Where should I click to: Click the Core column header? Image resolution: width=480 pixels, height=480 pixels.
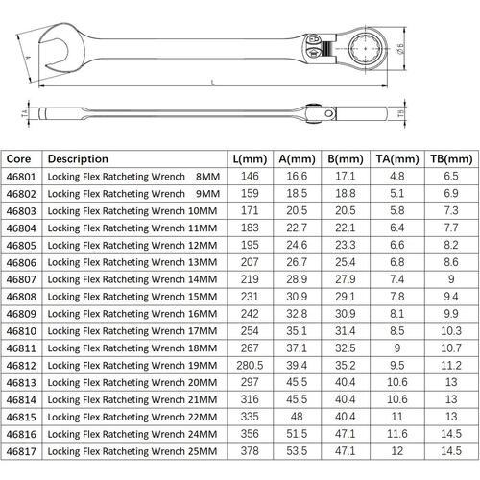[x=18, y=159]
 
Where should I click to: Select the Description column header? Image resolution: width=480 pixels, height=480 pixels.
[x=78, y=159]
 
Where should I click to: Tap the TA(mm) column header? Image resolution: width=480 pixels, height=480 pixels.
[x=397, y=159]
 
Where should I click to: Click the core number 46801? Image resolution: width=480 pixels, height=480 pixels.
[x=21, y=177]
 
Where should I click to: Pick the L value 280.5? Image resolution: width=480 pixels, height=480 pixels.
[x=250, y=365]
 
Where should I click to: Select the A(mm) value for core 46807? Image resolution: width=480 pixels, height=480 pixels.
[x=297, y=279]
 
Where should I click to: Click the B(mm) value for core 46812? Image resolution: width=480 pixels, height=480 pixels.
[x=346, y=365]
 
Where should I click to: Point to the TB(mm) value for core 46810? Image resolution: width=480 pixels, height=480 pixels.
[x=451, y=331]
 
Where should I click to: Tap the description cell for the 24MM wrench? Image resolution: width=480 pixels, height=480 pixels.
[x=132, y=434]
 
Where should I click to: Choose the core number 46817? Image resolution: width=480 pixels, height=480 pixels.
[x=21, y=451]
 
